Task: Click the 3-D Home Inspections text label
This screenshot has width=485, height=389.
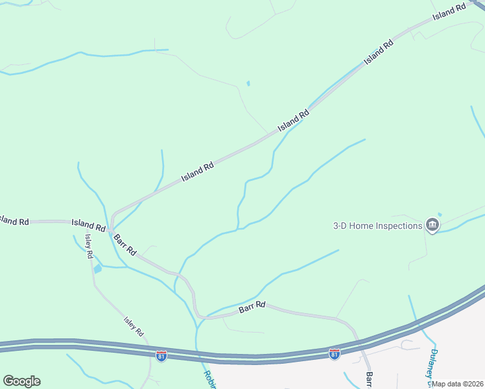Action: point(377,226)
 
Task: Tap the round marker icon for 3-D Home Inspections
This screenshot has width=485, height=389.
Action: point(432,226)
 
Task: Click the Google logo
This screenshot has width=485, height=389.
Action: point(21,381)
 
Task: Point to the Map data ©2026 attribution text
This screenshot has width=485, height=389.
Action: point(458,384)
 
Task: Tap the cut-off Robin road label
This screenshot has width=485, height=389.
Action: point(209,379)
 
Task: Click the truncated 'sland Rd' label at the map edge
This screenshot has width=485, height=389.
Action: point(14,221)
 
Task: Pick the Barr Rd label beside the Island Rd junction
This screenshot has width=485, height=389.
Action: point(124,244)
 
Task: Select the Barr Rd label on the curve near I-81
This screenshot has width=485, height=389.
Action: point(252,307)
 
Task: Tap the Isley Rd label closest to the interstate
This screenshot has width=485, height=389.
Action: point(133,326)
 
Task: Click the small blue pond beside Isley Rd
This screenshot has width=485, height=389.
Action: point(97,268)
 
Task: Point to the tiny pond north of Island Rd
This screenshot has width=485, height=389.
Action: point(248,83)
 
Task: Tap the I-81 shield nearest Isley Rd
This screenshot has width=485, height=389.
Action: point(161,355)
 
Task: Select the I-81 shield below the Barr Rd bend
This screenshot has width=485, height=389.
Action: point(334,354)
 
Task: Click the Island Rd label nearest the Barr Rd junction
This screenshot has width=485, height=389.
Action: point(88,226)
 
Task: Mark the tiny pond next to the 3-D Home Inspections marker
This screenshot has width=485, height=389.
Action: point(440,215)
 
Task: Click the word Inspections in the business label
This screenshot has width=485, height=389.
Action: point(396,226)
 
